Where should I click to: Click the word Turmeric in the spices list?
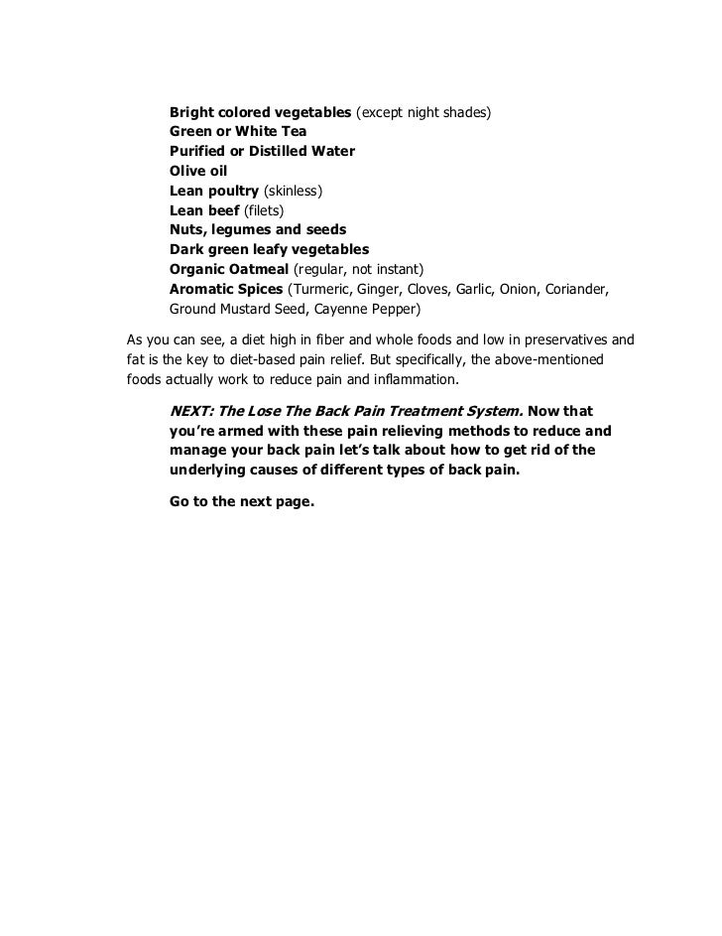322,289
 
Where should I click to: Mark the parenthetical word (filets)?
265,209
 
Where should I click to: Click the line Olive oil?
198,171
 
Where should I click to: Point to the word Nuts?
189,229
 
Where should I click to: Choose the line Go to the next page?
242,501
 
